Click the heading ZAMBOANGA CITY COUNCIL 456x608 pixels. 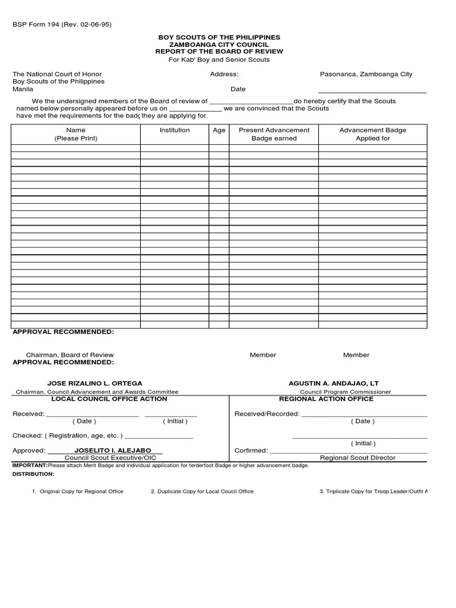[x=219, y=45]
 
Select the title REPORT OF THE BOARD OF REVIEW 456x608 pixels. [x=219, y=52]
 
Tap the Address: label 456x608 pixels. [x=224, y=74]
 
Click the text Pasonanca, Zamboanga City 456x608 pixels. [x=366, y=74]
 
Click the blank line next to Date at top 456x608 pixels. [x=372, y=90]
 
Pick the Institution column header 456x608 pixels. [x=175, y=130]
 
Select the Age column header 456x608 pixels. [x=219, y=131]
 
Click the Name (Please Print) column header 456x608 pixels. [x=76, y=134]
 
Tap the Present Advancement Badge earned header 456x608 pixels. [x=274, y=134]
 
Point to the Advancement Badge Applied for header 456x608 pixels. [x=373, y=134]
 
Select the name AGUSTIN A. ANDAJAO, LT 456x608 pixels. [x=334, y=384]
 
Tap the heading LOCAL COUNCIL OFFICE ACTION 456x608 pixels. [x=109, y=399]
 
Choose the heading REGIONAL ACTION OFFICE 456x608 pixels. [x=334, y=399]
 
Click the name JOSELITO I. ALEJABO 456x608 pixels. [x=113, y=451]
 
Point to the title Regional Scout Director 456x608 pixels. [x=357, y=458]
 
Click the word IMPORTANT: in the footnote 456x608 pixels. [x=30, y=465]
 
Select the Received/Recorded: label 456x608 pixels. [x=267, y=414]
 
